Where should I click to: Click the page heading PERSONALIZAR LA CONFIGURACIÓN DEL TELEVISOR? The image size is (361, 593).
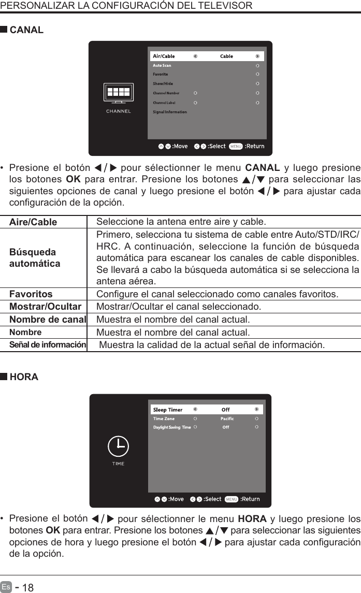click(x=126, y=6)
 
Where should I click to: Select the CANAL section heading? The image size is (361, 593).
click(x=26, y=30)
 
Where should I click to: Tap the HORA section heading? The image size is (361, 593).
click(x=24, y=377)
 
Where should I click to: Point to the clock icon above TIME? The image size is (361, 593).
click(x=118, y=446)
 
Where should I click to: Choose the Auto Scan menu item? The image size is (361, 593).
click(x=162, y=65)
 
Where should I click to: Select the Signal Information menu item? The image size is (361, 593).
click(x=170, y=112)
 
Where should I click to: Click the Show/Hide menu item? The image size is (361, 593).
click(x=163, y=83)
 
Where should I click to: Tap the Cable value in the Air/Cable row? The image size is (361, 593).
click(x=226, y=56)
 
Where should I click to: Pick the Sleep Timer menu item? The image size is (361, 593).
click(x=168, y=410)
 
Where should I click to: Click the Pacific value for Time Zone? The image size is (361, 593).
click(x=227, y=418)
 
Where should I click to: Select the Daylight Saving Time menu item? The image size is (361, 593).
click(x=172, y=427)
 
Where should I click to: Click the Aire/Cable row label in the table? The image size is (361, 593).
click(x=34, y=222)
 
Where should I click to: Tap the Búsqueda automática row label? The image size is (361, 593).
click(x=35, y=258)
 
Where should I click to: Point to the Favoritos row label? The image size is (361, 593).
click(x=31, y=295)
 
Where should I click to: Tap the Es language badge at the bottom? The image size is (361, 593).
click(x=6, y=587)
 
